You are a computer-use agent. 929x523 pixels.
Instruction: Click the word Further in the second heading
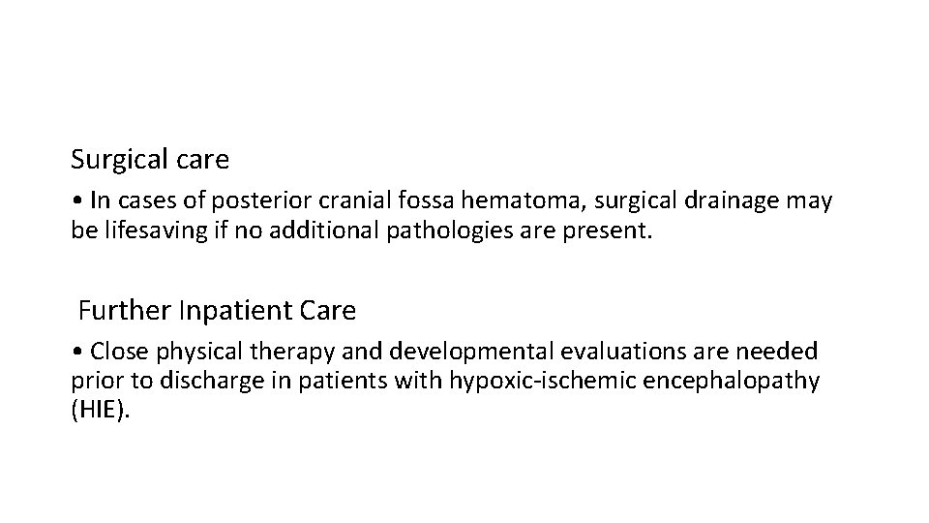[114, 311]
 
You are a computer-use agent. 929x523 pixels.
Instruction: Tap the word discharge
[187, 381]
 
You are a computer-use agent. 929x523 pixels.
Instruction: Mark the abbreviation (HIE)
[100, 411]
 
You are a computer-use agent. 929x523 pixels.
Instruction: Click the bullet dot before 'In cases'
[76, 200]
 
